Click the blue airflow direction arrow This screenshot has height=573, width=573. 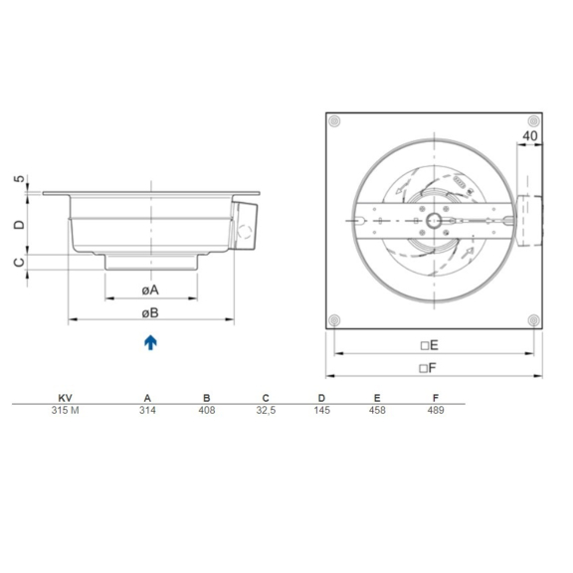click(149, 342)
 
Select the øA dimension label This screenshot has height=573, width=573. click(149, 289)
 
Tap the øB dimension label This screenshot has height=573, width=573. click(149, 312)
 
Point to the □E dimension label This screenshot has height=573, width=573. click(429, 344)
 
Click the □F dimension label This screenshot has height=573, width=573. click(429, 367)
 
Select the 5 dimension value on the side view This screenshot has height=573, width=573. click(19, 180)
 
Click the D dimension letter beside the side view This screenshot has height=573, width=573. click(19, 225)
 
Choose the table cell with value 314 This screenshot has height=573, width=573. click(147, 410)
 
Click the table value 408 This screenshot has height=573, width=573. click(206, 410)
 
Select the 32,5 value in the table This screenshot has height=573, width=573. click(264, 410)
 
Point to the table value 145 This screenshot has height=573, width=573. click(321, 410)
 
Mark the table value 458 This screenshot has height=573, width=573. click(378, 410)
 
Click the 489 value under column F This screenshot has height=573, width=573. click(436, 410)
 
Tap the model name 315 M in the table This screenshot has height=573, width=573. click(65, 410)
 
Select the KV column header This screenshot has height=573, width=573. click(65, 396)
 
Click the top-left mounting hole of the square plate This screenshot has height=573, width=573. click(335, 121)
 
